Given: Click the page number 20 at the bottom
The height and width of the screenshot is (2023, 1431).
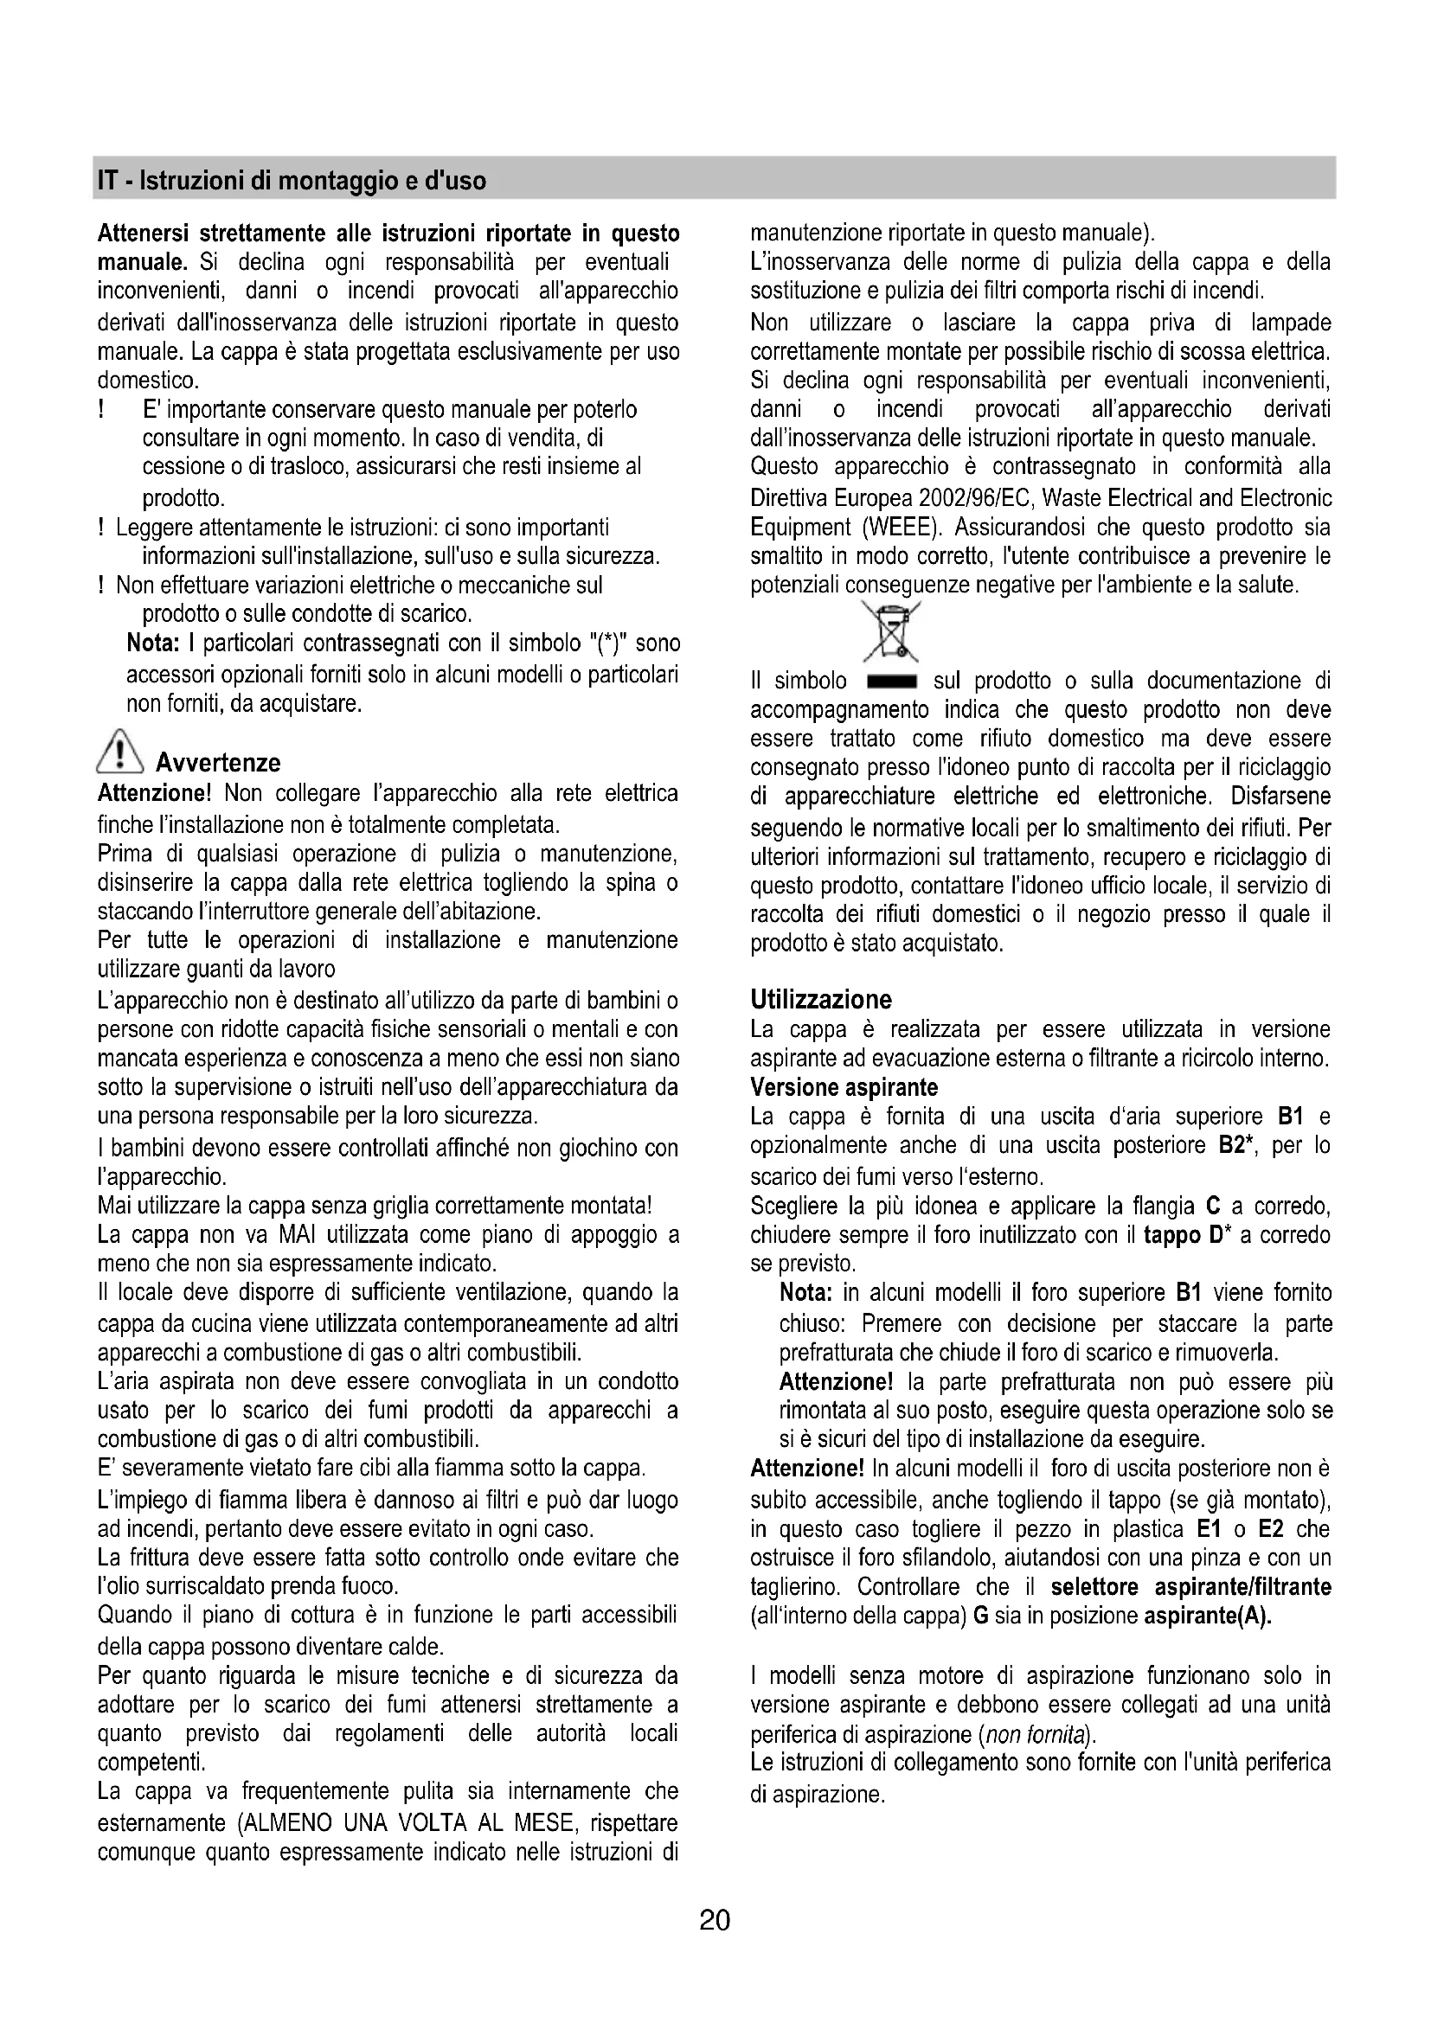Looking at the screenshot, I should click(x=715, y=1920).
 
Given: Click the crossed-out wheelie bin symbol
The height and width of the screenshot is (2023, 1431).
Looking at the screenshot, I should click(x=891, y=631).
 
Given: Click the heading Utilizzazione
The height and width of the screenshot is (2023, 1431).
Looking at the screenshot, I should click(x=820, y=999).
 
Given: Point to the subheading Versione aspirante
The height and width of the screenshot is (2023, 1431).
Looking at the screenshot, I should click(x=844, y=1087).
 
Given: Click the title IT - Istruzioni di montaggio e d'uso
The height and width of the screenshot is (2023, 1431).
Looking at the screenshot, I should click(x=292, y=181).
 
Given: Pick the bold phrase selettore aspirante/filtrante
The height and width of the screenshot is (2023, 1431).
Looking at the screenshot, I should click(x=1190, y=1587).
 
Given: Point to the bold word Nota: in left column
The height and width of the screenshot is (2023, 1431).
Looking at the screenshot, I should click(x=153, y=643).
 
